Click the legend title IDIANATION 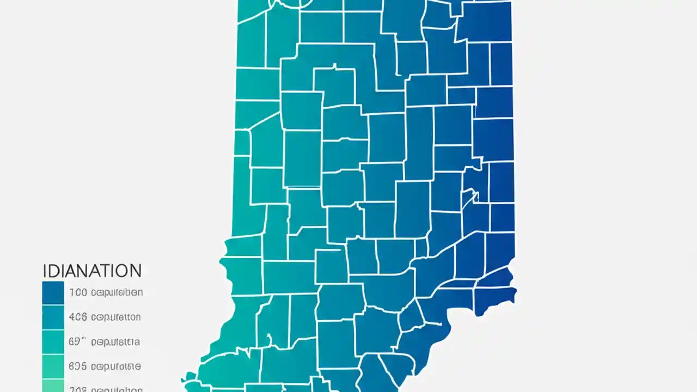coord(92,271)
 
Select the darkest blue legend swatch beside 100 coord(53,293)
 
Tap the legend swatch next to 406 coord(53,317)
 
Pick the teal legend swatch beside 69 coord(53,342)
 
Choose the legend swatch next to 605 coord(53,366)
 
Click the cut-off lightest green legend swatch coord(53,386)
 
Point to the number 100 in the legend coord(78,292)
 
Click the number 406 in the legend coord(78,317)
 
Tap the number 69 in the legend coord(77,342)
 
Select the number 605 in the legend coord(78,366)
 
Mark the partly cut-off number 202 coord(78,389)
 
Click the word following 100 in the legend coord(117,292)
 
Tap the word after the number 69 coord(115,342)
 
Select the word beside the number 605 coord(115,366)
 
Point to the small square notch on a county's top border coord(334,67)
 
